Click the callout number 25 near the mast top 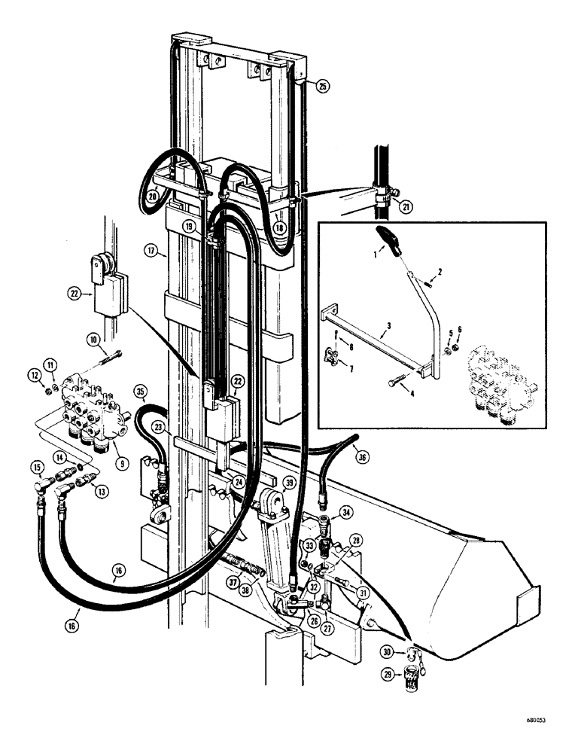322,87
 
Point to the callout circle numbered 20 152,194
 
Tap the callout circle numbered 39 290,482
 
